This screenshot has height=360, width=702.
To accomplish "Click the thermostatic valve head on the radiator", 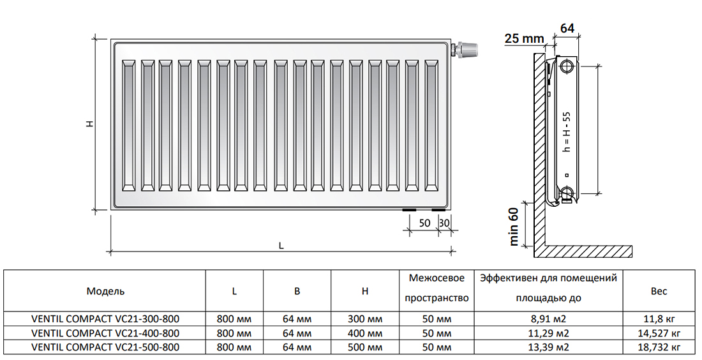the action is [x=467, y=49].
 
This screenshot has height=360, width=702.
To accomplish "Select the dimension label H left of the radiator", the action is [x=90, y=124].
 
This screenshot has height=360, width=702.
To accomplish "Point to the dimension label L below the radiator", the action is [x=281, y=245].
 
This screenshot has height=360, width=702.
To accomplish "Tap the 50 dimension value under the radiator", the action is [x=424, y=223].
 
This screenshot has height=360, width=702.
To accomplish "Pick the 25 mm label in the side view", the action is [x=524, y=38].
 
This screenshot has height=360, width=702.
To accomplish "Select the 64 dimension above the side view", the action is [x=567, y=28].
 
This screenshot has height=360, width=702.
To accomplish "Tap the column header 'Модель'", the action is [x=106, y=292].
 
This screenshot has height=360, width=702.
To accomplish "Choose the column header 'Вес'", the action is [x=659, y=292].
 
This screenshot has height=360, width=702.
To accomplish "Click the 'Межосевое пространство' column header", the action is [x=437, y=288].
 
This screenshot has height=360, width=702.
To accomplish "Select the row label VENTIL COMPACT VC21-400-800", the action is [x=106, y=333].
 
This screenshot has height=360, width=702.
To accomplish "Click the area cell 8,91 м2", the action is [x=548, y=319].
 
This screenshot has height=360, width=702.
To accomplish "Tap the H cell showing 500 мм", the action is [x=365, y=347].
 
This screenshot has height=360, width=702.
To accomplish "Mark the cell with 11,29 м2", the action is [x=548, y=333].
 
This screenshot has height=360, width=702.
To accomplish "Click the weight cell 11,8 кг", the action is [x=659, y=319].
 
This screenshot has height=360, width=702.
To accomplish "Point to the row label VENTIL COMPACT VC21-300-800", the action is [x=106, y=319].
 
